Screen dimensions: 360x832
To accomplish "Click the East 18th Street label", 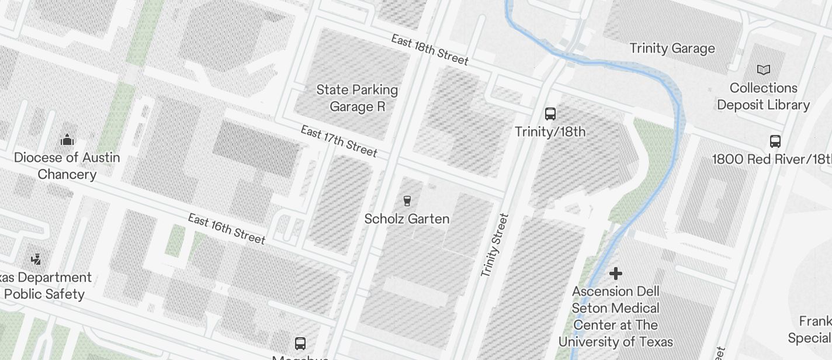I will (x=429, y=50).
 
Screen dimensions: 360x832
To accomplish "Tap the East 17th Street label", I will (x=339, y=141).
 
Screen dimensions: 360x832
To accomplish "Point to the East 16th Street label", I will (x=227, y=229).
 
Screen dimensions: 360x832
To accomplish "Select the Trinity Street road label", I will (x=494, y=245).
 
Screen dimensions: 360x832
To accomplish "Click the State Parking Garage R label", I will (x=357, y=98).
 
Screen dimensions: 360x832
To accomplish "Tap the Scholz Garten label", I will (x=407, y=219).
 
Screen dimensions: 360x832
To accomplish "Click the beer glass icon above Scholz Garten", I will (x=407, y=201).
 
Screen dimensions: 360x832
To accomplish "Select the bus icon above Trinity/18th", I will (x=550, y=113).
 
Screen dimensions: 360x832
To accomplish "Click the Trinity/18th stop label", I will (x=550, y=131).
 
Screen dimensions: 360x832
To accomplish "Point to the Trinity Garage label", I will (x=672, y=49).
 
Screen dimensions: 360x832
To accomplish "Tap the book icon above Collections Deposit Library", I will (x=763, y=70).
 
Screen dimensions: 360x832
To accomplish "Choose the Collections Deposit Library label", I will (x=763, y=96).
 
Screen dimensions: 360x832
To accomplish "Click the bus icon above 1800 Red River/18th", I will (x=775, y=141).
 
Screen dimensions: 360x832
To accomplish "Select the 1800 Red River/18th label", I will (x=771, y=159).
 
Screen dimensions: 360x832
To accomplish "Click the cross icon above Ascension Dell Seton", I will (x=615, y=273).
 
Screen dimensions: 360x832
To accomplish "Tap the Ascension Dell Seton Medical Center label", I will (x=615, y=316).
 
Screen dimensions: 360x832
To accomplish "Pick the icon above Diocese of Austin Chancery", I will (x=67, y=140).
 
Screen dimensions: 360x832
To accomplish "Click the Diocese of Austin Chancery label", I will (x=67, y=166).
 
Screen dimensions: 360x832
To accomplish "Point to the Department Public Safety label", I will (x=47, y=285).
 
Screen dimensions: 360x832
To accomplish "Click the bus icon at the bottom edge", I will (x=300, y=343).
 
